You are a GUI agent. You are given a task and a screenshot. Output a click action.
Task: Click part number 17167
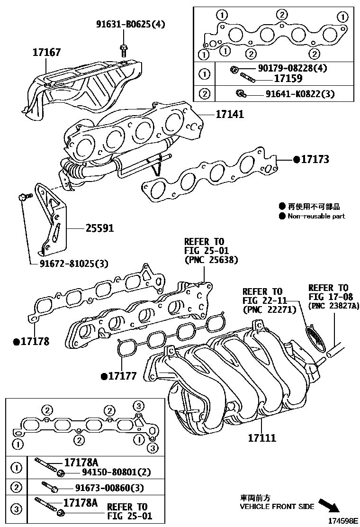pos(46,52)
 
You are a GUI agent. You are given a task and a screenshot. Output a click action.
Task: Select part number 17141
pos(230,114)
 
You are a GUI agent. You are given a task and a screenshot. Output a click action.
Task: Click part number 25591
pos(99,228)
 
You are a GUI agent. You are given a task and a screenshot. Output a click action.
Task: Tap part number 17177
pos(122,376)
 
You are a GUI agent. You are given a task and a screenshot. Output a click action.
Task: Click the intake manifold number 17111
pos(262,438)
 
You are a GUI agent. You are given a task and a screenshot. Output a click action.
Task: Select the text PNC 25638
pos(211,260)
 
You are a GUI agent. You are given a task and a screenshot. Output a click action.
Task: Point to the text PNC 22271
pos(269,309)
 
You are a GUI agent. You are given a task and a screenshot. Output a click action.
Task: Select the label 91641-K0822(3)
pos(297,94)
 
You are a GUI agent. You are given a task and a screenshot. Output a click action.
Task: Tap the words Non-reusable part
pos(316,216)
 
